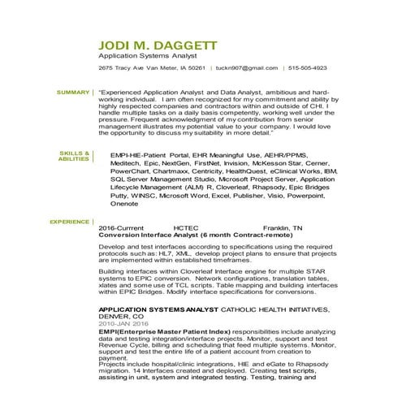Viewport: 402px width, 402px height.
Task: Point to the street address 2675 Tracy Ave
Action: coord(121,69)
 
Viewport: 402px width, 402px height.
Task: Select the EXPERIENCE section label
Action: coord(70,221)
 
